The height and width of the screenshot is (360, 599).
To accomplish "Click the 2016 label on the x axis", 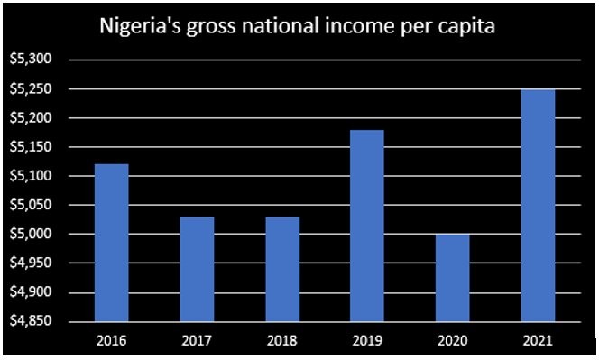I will (111, 340).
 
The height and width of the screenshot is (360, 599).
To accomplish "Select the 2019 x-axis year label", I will (366, 340).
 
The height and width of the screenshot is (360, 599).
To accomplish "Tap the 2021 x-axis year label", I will (538, 340).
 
